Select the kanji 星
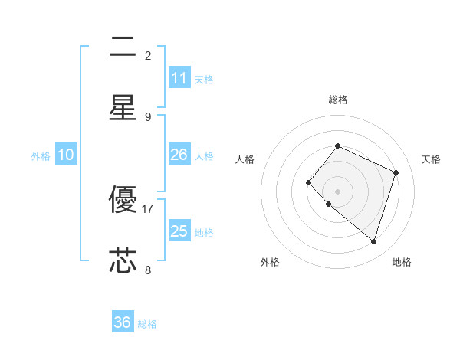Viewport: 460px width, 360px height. click(123, 107)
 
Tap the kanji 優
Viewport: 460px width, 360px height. click(123, 200)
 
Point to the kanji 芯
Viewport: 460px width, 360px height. click(123, 260)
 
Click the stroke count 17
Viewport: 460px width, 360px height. click(148, 208)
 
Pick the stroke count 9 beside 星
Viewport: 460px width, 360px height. click(148, 116)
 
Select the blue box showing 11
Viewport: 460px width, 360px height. click(179, 78)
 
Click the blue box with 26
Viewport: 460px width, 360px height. click(179, 155)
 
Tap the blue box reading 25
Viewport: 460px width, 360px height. click(179, 231)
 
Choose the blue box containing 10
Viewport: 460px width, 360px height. click(66, 155)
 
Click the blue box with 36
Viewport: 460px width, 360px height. click(123, 322)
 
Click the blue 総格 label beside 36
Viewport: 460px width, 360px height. click(147, 324)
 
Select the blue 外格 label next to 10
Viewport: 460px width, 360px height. click(41, 156)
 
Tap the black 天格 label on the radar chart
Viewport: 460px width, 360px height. click(431, 159)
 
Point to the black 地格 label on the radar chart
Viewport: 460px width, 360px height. click(402, 262)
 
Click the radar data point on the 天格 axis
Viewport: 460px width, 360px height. click(396, 172)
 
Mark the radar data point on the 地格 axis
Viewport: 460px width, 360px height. click(373, 242)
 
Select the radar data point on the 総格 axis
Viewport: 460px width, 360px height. click(337, 146)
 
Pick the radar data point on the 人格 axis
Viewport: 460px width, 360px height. click(308, 182)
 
